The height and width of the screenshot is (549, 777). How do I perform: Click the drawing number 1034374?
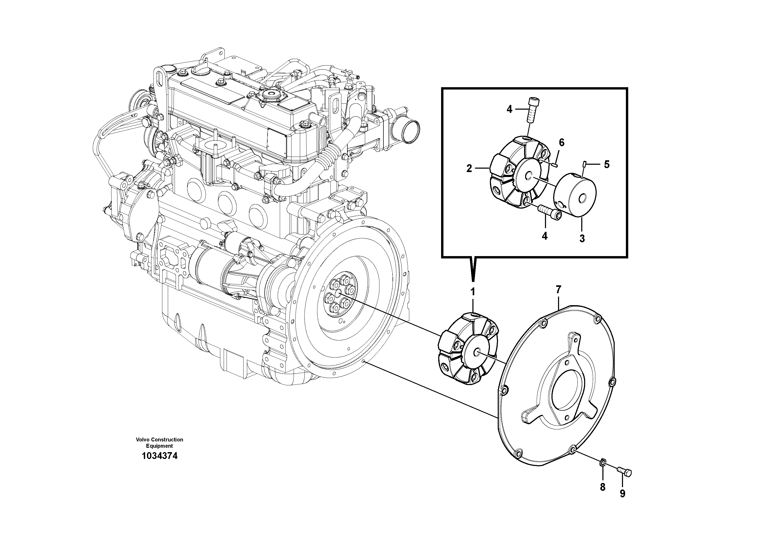pos(159,456)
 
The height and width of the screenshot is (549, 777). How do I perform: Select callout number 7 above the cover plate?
pos(558,290)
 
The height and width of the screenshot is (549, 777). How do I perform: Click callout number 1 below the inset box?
pos(473,292)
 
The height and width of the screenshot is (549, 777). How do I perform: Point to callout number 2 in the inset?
pos(469,168)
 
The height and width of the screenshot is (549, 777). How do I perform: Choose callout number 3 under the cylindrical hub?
pos(582,238)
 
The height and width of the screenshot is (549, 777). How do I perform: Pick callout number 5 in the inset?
pos(607,164)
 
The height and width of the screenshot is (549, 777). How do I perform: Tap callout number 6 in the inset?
pos(561,143)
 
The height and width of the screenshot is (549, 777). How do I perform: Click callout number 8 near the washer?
pos(602,487)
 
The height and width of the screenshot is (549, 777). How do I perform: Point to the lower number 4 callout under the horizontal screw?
pos(544,236)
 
